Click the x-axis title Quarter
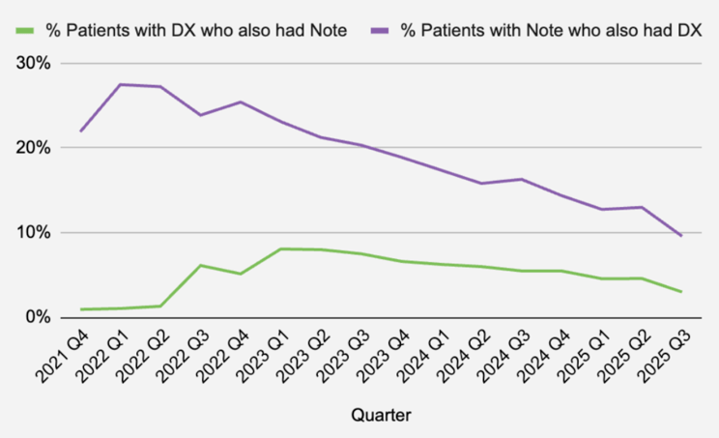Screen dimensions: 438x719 coord(381,416)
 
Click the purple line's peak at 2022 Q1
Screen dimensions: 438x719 coord(120,84)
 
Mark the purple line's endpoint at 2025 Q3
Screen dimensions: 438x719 coord(681,236)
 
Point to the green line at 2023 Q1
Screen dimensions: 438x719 coord(280,249)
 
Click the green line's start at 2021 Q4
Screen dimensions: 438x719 coord(81,309)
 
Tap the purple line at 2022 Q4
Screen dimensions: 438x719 coord(241,102)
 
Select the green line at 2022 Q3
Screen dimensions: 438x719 coord(200,265)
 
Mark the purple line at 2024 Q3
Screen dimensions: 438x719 coord(521,179)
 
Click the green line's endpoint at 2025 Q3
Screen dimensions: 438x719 coord(681,292)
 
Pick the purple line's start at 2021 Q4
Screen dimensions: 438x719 coord(81,131)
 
